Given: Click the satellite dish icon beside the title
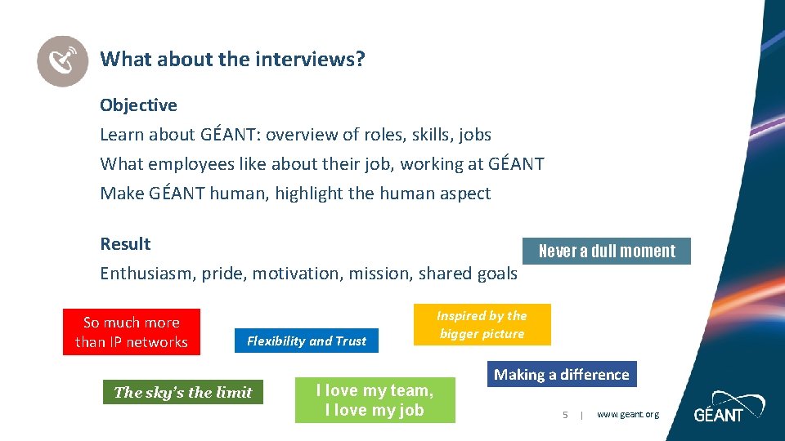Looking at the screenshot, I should tap(63, 60).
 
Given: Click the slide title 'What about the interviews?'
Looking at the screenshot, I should tap(232, 59).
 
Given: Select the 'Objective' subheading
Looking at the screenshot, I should tap(138, 105).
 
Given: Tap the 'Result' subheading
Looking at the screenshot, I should tap(125, 244).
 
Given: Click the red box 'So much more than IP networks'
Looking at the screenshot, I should tap(132, 332).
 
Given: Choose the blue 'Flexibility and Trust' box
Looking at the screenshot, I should tap(307, 341).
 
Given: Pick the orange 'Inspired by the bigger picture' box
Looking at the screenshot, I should tap(482, 324).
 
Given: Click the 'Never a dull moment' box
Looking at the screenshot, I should tap(607, 252).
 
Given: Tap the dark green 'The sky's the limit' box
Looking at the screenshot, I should tap(183, 393).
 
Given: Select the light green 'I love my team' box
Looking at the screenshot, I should tap(375, 400).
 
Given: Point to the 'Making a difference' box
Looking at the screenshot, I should tap(562, 375).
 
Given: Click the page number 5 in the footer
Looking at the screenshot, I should tap(565, 415).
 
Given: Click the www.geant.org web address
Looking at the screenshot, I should tap(627, 415).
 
